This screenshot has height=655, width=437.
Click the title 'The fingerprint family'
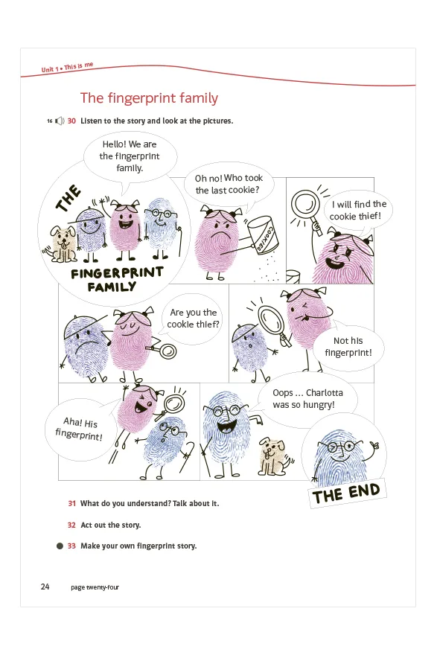[149, 98]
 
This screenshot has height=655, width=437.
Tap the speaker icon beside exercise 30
[60, 121]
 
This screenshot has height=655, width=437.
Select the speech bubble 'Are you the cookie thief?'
[193, 319]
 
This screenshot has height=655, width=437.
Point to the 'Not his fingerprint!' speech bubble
[348, 347]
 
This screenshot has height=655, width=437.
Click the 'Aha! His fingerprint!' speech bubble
[80, 429]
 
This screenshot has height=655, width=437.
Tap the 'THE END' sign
[346, 493]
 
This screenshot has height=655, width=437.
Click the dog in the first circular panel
[62, 244]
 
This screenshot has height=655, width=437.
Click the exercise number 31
[72, 503]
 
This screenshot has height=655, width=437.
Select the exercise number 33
[71, 546]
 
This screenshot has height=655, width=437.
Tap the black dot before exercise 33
[60, 546]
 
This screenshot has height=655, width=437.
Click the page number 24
[45, 587]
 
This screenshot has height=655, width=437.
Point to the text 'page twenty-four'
[95, 587]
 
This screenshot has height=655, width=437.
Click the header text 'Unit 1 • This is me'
[67, 67]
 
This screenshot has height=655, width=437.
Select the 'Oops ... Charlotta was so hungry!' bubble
[307, 399]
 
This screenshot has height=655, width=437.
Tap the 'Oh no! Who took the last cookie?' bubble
[229, 185]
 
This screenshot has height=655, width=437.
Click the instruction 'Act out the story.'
[111, 525]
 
